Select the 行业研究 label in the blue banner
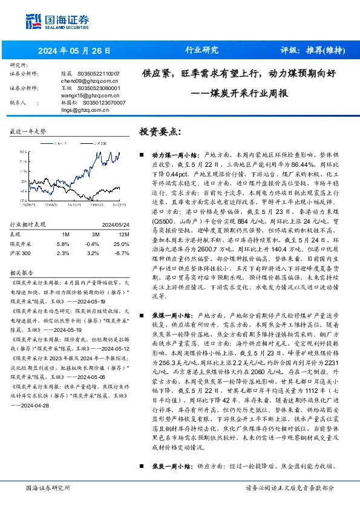coord(201,50)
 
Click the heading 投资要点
coord(160,131)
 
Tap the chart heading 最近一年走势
coord(28,131)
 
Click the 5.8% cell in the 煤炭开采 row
coord(62,243)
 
